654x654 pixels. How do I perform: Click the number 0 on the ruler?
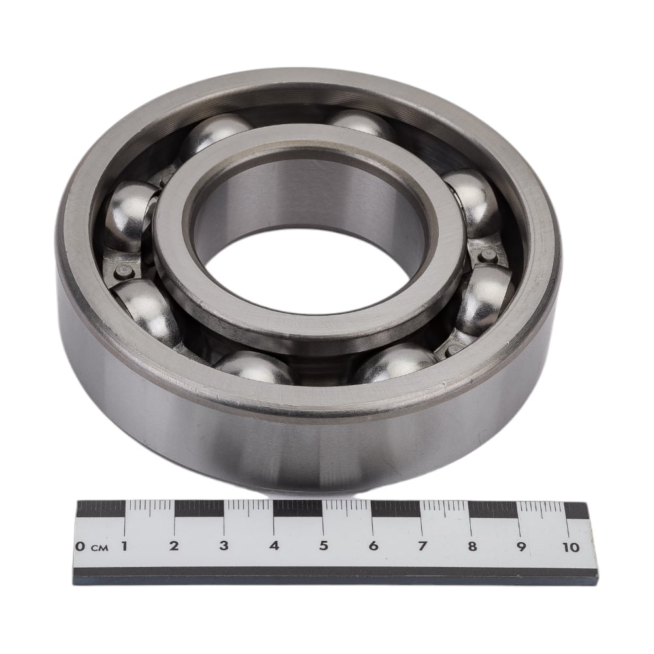point(80,546)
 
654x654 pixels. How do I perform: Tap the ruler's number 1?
point(124,545)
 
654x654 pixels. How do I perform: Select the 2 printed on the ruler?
point(174,545)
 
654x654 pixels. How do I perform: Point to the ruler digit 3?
point(224,545)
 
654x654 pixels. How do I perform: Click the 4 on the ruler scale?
point(274,545)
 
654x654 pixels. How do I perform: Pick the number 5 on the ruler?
point(324,545)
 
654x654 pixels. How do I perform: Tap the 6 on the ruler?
point(373,545)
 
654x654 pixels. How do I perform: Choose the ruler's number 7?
point(422,545)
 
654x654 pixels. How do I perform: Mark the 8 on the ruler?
point(472,546)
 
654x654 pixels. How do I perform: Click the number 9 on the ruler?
point(521,546)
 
